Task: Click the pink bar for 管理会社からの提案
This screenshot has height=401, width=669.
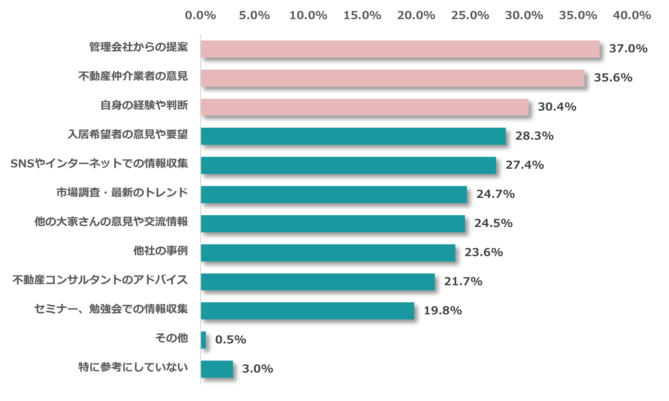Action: click(400, 49)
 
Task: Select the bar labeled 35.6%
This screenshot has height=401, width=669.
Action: click(392, 78)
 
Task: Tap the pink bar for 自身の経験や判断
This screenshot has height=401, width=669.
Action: click(364, 107)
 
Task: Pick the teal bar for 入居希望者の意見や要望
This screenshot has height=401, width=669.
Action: click(353, 136)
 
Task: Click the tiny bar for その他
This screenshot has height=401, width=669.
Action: click(203, 340)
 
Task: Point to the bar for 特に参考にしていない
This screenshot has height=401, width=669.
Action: click(217, 369)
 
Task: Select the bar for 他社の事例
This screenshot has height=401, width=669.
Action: click(328, 253)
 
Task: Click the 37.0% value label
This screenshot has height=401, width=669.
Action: click(628, 49)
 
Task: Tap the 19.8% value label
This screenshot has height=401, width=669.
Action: click(443, 311)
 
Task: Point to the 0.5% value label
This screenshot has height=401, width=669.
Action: click(231, 340)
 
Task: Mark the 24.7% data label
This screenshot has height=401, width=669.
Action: click(495, 194)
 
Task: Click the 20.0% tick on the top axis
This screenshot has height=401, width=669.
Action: click(416, 15)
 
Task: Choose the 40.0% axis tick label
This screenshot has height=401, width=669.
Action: click(632, 15)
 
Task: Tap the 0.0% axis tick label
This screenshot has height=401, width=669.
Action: click(200, 15)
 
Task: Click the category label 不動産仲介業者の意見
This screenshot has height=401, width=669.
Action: click(133, 76)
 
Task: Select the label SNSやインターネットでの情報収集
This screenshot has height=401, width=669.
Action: click(99, 164)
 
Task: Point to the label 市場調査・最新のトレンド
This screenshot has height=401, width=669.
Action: click(122, 193)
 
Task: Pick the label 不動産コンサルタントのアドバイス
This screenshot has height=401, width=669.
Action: click(100, 280)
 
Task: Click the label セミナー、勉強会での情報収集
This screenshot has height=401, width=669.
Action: click(111, 309)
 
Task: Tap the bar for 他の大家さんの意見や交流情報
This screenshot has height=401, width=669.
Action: click(333, 224)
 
